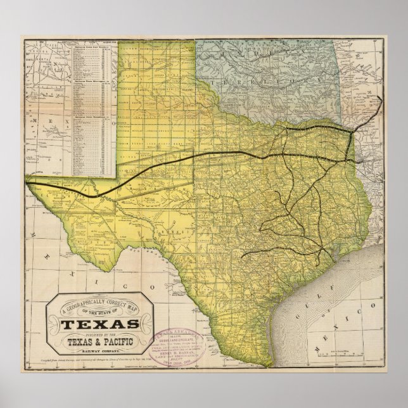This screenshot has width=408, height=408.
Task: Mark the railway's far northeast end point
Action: pos(381,98)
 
